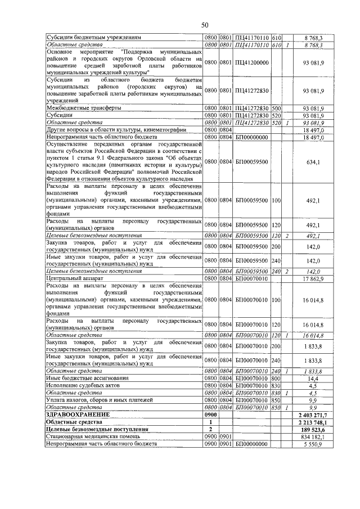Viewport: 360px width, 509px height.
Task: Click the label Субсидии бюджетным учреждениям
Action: (93, 37)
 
